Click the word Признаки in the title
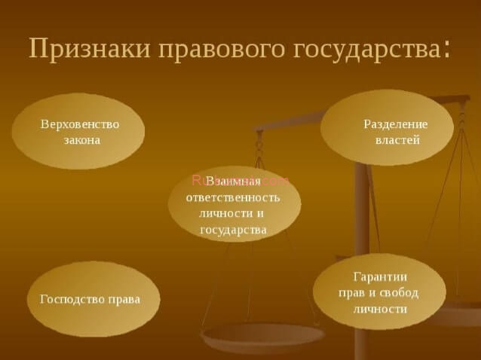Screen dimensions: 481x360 90,49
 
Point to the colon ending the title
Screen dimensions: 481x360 447,50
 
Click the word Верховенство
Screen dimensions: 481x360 80,124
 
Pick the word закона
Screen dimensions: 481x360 82,140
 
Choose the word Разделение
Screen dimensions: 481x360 395,124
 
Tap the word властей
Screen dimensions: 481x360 397,140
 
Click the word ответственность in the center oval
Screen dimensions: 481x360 233,197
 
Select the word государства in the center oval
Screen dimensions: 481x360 233,230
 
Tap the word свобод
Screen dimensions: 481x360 399,293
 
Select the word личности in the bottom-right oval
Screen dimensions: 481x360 381,309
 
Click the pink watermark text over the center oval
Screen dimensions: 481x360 240,181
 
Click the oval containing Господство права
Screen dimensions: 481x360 93,299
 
